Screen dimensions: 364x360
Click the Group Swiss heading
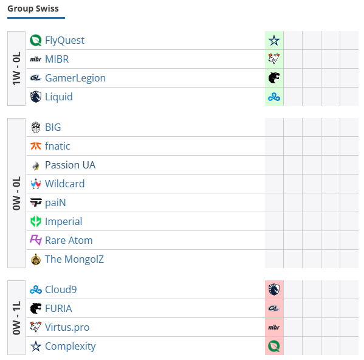pyautogui.click(x=33, y=9)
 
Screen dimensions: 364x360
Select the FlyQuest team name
pyautogui.click(x=64, y=40)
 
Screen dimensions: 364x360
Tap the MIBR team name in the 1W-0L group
pyautogui.click(x=57, y=59)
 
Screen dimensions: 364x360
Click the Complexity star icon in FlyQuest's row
pyautogui.click(x=274, y=40)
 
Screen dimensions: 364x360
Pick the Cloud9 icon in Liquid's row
pyautogui.click(x=274, y=97)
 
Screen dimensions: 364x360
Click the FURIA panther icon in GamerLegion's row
pyautogui.click(x=274, y=78)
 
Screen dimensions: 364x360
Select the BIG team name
pyautogui.click(x=53, y=127)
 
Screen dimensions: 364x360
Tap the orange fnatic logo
pyautogui.click(x=36, y=146)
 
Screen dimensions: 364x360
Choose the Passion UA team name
pyautogui.click(x=70, y=165)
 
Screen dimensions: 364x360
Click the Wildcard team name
pyautogui.click(x=65, y=184)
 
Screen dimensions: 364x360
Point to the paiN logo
pyautogui.click(x=36, y=202)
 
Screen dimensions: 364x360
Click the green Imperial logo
pyautogui.click(x=36, y=221)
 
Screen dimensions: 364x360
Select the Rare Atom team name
pyautogui.click(x=69, y=240)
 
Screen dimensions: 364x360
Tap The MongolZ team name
pyautogui.click(x=74, y=259)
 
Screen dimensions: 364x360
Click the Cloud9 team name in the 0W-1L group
pyautogui.click(x=61, y=289)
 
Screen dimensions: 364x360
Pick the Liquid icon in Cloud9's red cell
pyautogui.click(x=274, y=289)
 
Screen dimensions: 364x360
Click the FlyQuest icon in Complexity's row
pyautogui.click(x=274, y=346)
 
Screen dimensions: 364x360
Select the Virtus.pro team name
pyautogui.click(x=67, y=327)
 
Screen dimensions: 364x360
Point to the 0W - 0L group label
pyautogui.click(x=16, y=193)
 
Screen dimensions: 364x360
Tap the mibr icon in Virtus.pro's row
pyautogui.click(x=274, y=327)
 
